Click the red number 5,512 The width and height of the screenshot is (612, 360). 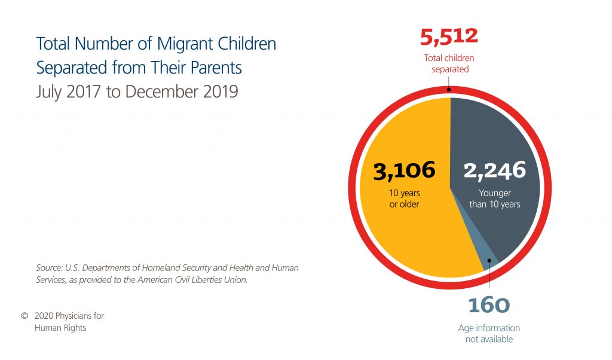click(x=449, y=36)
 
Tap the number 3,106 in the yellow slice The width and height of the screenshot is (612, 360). click(x=404, y=170)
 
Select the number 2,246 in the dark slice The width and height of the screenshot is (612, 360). click(x=495, y=170)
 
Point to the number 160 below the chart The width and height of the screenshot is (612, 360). click(x=489, y=306)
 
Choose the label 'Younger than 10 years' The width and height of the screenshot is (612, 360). click(x=495, y=199)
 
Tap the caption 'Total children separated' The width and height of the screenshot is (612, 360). click(x=449, y=63)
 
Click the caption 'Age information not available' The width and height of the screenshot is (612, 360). click(x=489, y=334)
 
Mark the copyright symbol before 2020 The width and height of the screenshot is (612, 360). click(x=25, y=316)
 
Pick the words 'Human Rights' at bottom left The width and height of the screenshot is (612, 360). click(x=60, y=328)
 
